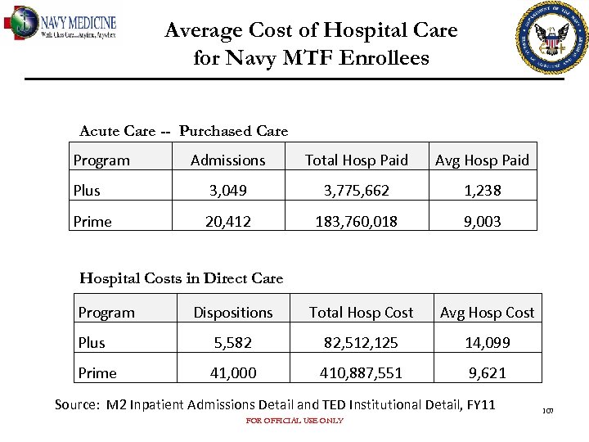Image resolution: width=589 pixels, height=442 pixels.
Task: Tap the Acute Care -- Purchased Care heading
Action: click(x=183, y=131)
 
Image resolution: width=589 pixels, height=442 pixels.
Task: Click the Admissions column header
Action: click(x=227, y=160)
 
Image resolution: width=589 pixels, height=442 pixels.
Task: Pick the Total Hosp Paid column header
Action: click(x=356, y=160)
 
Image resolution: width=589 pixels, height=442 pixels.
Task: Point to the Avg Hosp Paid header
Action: click(x=482, y=160)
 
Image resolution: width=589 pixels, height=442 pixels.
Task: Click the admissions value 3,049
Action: click(x=227, y=191)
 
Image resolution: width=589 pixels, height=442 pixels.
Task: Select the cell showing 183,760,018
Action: click(x=356, y=221)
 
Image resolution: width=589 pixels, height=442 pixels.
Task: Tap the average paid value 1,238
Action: click(x=482, y=191)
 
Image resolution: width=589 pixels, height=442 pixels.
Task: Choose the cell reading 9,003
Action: click(x=482, y=221)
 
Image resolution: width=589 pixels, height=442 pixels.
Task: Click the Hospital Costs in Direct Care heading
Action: click(x=181, y=278)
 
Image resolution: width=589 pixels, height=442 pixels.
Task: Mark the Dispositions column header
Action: click(x=232, y=313)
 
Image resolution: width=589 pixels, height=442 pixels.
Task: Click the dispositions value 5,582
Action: click(x=232, y=343)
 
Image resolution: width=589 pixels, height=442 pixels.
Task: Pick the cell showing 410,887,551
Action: click(x=361, y=373)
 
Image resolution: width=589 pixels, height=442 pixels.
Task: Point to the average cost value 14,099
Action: click(x=487, y=343)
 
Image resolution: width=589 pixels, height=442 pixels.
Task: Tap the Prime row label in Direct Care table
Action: click(x=97, y=373)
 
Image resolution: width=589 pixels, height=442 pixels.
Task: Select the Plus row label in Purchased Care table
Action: click(x=87, y=191)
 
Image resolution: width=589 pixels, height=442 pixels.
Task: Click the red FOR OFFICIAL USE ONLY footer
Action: click(x=294, y=421)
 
